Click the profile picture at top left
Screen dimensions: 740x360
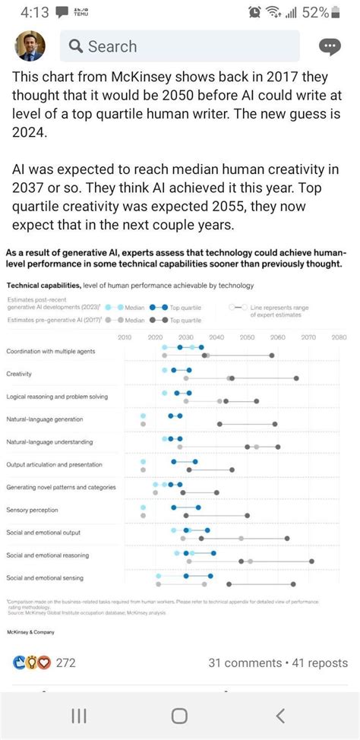point(31,46)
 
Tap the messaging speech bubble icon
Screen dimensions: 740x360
point(330,46)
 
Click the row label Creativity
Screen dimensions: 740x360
point(19,374)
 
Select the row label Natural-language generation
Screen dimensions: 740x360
point(44,419)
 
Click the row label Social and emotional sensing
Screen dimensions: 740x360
point(45,578)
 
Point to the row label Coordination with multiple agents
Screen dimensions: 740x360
point(50,351)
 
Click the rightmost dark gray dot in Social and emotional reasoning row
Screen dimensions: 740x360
point(311,561)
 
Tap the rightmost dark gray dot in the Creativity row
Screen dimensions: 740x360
point(296,378)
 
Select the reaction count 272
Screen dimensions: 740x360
point(66,663)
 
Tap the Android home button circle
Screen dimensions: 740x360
point(179,716)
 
